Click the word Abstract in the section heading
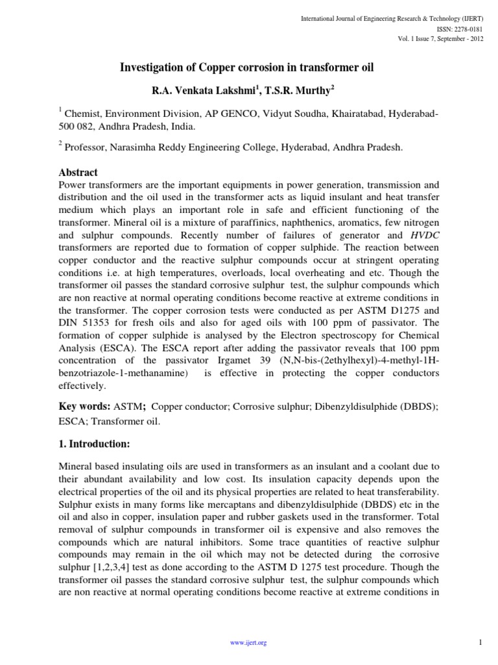78,173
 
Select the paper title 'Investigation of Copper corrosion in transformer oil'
248,68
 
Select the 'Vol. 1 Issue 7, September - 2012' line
440,38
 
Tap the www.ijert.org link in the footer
249,643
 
